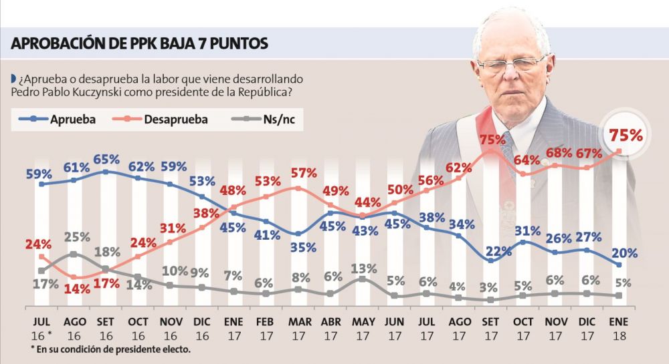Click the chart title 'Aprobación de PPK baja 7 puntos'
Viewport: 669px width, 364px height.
coord(140,43)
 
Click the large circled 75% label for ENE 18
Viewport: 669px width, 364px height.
coord(626,134)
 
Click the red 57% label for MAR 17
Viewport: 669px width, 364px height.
coord(303,173)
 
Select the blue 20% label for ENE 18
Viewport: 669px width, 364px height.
coord(623,253)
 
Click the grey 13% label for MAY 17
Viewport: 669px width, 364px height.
coord(362,268)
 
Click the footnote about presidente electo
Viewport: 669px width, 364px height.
coord(110,349)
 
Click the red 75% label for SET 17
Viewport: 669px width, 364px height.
coord(492,140)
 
